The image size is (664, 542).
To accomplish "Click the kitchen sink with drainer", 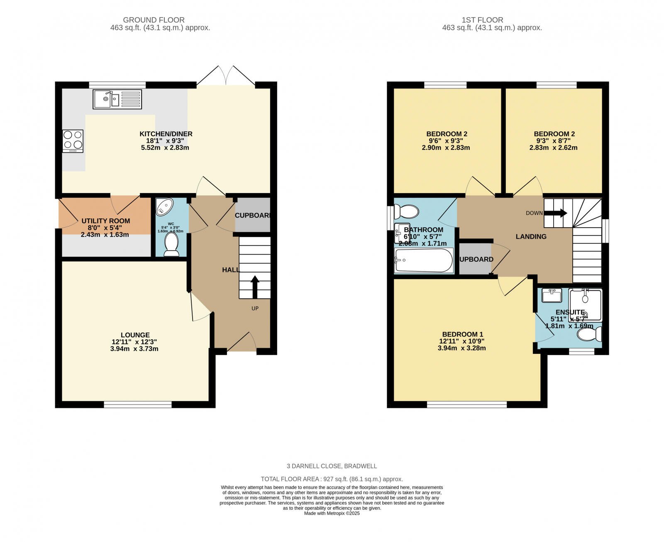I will pos(117,99).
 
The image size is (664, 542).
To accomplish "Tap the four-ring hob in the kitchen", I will pos(73,141).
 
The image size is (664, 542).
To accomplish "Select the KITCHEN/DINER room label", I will pos(166,134).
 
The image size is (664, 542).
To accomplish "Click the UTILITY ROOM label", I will pos(105,221).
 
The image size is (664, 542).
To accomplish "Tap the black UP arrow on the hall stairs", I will pos(255,287).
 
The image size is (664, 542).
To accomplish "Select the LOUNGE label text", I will pos(135,335).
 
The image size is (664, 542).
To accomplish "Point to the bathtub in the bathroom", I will pos(424,260).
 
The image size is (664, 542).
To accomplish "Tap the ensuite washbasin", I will pos(552,296).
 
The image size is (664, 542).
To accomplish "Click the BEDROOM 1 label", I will pos(462,334).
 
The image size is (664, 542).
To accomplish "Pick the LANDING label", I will pos(531,236).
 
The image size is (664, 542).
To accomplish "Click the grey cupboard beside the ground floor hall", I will pos(252,215).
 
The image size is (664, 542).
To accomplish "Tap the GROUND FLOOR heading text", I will pos(154,20).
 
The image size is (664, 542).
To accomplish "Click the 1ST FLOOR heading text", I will pos(482,20).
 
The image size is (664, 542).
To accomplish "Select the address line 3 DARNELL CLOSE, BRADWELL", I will pos(332,466).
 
